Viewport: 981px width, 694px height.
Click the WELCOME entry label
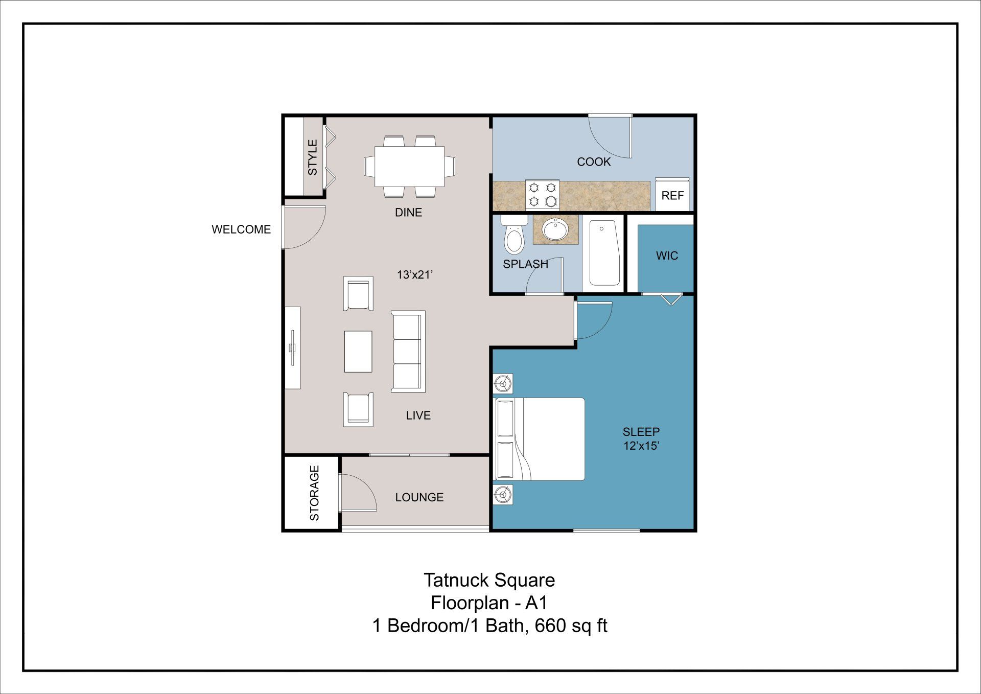[241, 229]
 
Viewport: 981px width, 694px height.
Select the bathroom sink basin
[555, 229]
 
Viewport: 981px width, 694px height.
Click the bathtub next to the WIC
[604, 252]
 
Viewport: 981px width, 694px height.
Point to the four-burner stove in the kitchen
[542, 195]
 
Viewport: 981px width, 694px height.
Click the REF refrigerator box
[672, 196]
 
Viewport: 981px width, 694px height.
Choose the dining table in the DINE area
[409, 167]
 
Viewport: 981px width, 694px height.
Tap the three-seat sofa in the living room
[408, 351]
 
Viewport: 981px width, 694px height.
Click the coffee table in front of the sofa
[358, 352]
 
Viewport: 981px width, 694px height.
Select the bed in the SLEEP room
[540, 439]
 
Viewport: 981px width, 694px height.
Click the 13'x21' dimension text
[414, 275]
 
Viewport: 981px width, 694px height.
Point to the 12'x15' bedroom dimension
[641, 446]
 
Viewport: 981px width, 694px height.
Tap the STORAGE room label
[314, 493]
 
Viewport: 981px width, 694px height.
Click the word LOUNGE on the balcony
[419, 497]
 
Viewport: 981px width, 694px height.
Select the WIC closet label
[667, 256]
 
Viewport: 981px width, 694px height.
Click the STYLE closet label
[312, 157]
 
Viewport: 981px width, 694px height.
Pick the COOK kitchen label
[594, 162]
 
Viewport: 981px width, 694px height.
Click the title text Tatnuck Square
[489, 580]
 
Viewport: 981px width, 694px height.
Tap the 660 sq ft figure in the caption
[571, 626]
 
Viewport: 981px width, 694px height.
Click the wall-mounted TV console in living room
[293, 348]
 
